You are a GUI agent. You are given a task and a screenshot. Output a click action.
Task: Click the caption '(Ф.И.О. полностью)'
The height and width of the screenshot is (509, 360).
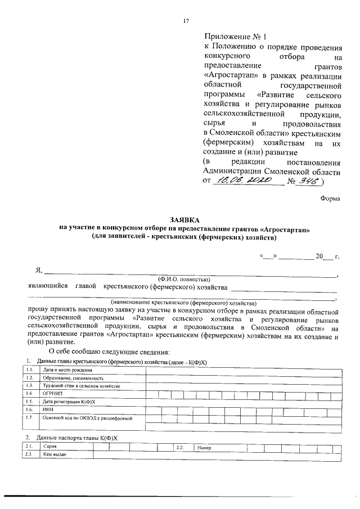(184, 280)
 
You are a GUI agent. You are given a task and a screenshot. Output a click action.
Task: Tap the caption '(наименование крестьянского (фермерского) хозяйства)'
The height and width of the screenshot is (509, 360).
(183, 302)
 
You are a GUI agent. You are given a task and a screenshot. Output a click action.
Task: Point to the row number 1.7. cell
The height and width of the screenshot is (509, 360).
(29, 418)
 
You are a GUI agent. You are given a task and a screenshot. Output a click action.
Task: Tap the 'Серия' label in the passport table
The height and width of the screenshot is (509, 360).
(49, 447)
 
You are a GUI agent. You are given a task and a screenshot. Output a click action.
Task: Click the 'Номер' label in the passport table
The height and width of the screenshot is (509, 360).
(204, 447)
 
